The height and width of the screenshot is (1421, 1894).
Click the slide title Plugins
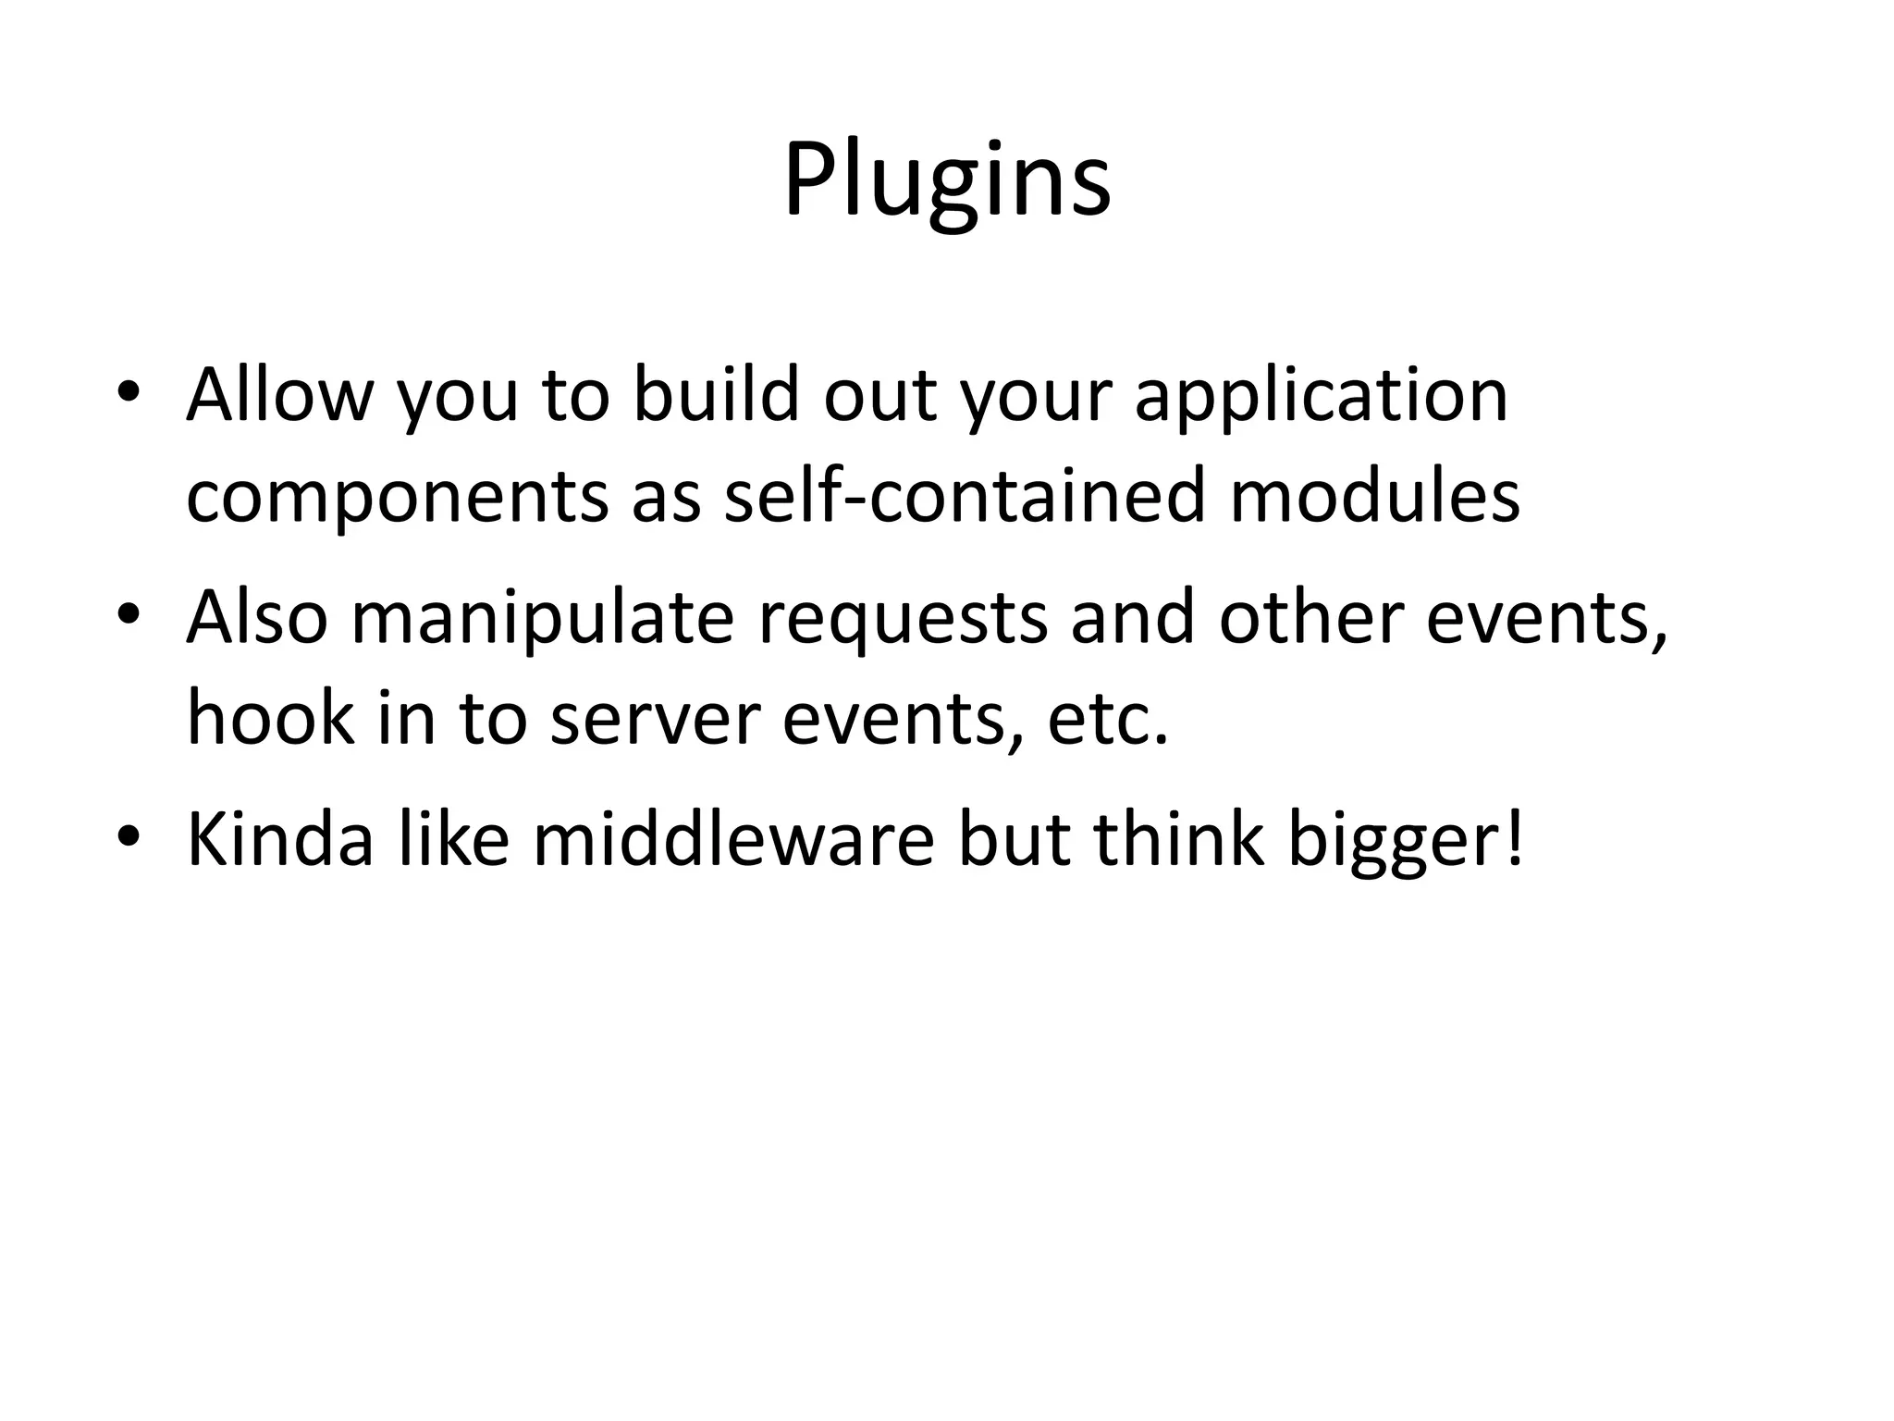point(947,180)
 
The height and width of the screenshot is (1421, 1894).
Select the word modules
point(1374,495)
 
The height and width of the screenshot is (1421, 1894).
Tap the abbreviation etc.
point(1108,720)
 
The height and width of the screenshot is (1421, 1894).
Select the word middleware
point(733,839)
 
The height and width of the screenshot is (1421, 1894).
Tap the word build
point(716,395)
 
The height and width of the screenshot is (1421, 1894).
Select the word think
point(1178,839)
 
